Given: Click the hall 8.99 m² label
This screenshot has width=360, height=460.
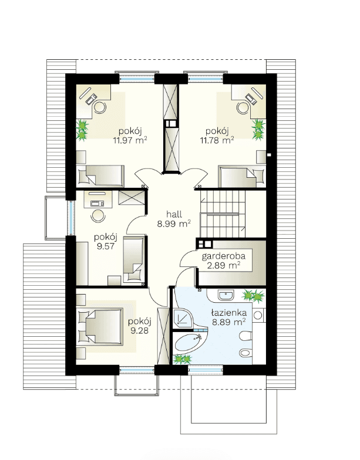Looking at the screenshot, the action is pos(174,219).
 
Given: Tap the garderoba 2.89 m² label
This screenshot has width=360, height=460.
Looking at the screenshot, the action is pos(223,261).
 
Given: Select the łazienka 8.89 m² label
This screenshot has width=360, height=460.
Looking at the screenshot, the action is pos(229,317).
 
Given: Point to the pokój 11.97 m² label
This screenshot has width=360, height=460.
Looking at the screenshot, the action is pos(130,136).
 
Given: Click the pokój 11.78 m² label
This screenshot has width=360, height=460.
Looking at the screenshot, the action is pos(217,136).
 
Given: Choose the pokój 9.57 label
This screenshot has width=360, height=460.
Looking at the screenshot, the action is pos(106,242).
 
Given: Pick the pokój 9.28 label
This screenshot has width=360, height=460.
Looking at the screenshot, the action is pos(140,326).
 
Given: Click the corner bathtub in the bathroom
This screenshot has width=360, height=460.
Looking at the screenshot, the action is pos(190,343).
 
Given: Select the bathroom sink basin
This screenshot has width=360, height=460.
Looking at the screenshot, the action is pos(226,295).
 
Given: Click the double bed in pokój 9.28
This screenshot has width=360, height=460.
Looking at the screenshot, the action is pos(100,326).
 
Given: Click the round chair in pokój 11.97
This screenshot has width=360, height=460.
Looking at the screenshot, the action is pos(100,107).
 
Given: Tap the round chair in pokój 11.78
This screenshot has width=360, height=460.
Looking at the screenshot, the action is pos(243,108).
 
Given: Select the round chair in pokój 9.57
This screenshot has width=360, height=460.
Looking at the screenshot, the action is pos(97,216).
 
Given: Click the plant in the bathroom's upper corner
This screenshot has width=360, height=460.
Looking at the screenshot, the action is pos(254,296).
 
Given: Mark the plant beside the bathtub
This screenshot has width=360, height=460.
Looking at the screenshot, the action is pos(182,359).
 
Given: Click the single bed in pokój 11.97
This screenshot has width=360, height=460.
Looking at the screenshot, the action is pos(100,176).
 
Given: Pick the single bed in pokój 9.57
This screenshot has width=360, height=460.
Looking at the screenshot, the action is pos(134,260).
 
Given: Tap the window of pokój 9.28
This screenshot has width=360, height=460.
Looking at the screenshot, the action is pos(136,370).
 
